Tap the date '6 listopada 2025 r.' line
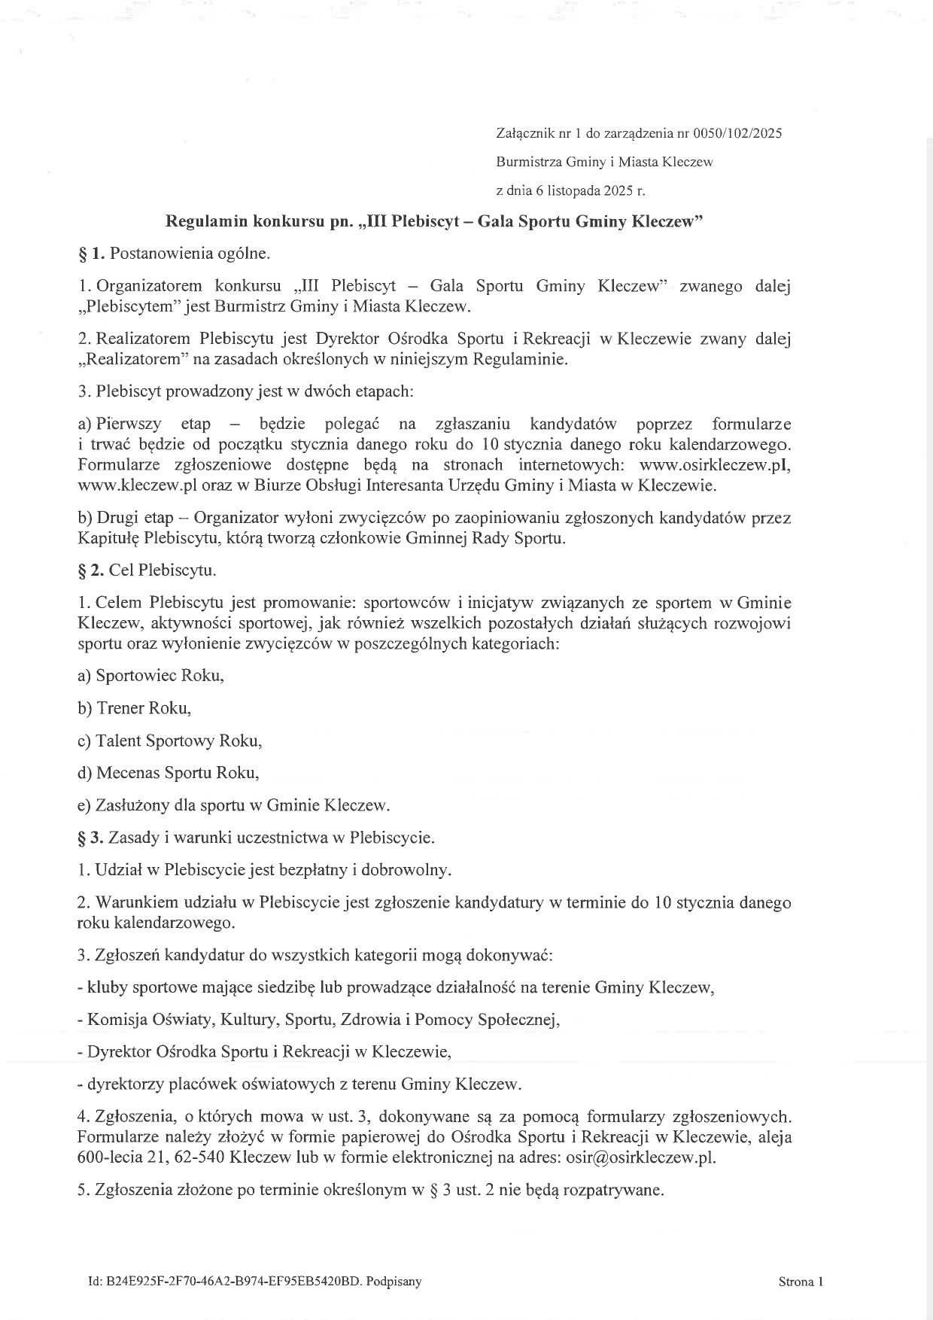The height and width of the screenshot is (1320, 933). coord(570,190)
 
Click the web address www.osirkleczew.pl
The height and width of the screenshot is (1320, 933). coord(714,464)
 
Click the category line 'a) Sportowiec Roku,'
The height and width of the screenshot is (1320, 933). coord(150,675)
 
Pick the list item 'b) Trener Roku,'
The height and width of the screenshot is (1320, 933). coord(134,708)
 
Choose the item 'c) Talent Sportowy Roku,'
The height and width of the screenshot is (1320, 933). coord(169,741)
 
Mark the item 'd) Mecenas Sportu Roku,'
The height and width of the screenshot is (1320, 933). coord(168,773)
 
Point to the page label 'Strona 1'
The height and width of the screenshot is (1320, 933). coord(801,1282)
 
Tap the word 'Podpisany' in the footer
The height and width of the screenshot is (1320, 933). coord(396,1282)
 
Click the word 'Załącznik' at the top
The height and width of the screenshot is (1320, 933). coord(524,134)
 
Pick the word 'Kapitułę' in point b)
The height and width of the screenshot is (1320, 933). coord(108,539)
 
